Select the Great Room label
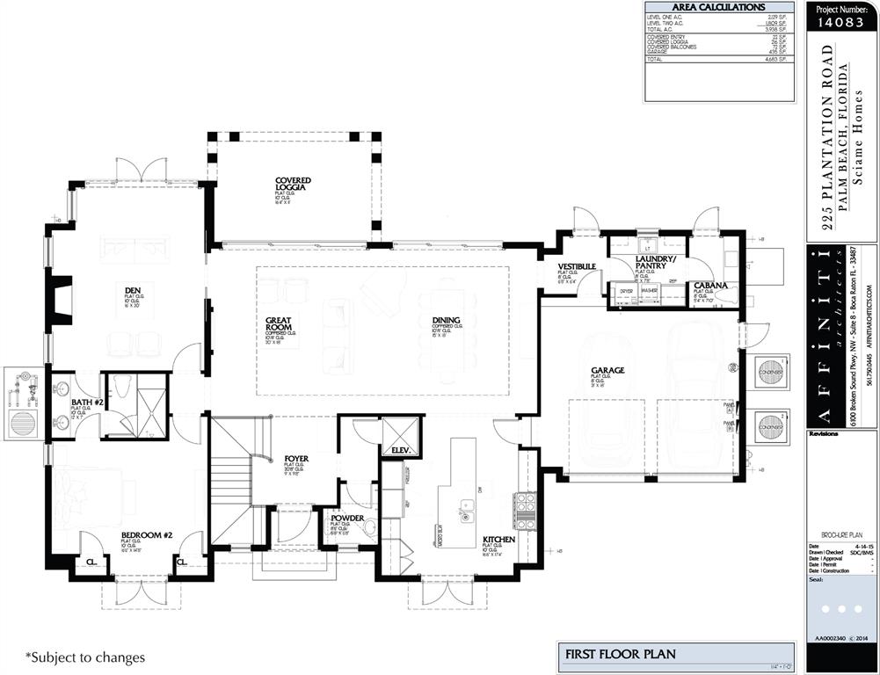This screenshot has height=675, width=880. click(279, 324)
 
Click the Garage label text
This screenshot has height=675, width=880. click(607, 370)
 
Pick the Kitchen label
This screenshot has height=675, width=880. click(498, 540)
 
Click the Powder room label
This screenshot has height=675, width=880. click(347, 519)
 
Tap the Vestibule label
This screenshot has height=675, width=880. click(577, 265)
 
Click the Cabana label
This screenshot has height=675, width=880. click(709, 285)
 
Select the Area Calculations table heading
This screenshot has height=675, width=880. click(718, 7)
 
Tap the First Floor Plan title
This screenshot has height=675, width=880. click(619, 654)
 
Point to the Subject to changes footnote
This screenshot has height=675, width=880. click(85, 657)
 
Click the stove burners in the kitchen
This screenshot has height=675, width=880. click(525, 510)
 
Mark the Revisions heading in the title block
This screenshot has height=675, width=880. click(824, 433)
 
